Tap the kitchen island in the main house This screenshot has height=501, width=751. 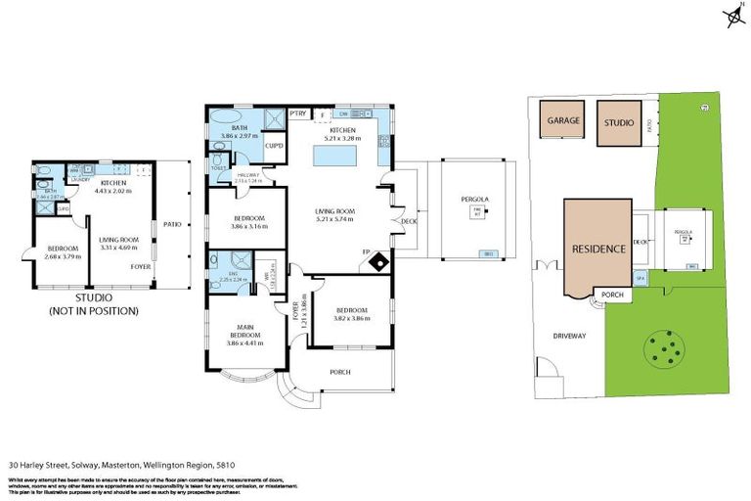coord(332,157)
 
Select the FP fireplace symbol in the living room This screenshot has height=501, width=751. coord(375,261)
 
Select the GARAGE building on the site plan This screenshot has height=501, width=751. coord(563,121)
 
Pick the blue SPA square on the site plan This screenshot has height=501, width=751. coord(641,278)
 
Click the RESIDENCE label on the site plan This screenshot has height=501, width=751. coord(597,249)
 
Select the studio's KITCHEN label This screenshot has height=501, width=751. coord(112,183)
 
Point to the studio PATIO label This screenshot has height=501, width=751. coord(173,223)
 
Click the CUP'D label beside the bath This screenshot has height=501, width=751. coord(275,147)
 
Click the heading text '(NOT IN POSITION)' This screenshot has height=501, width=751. coord(94,310)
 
